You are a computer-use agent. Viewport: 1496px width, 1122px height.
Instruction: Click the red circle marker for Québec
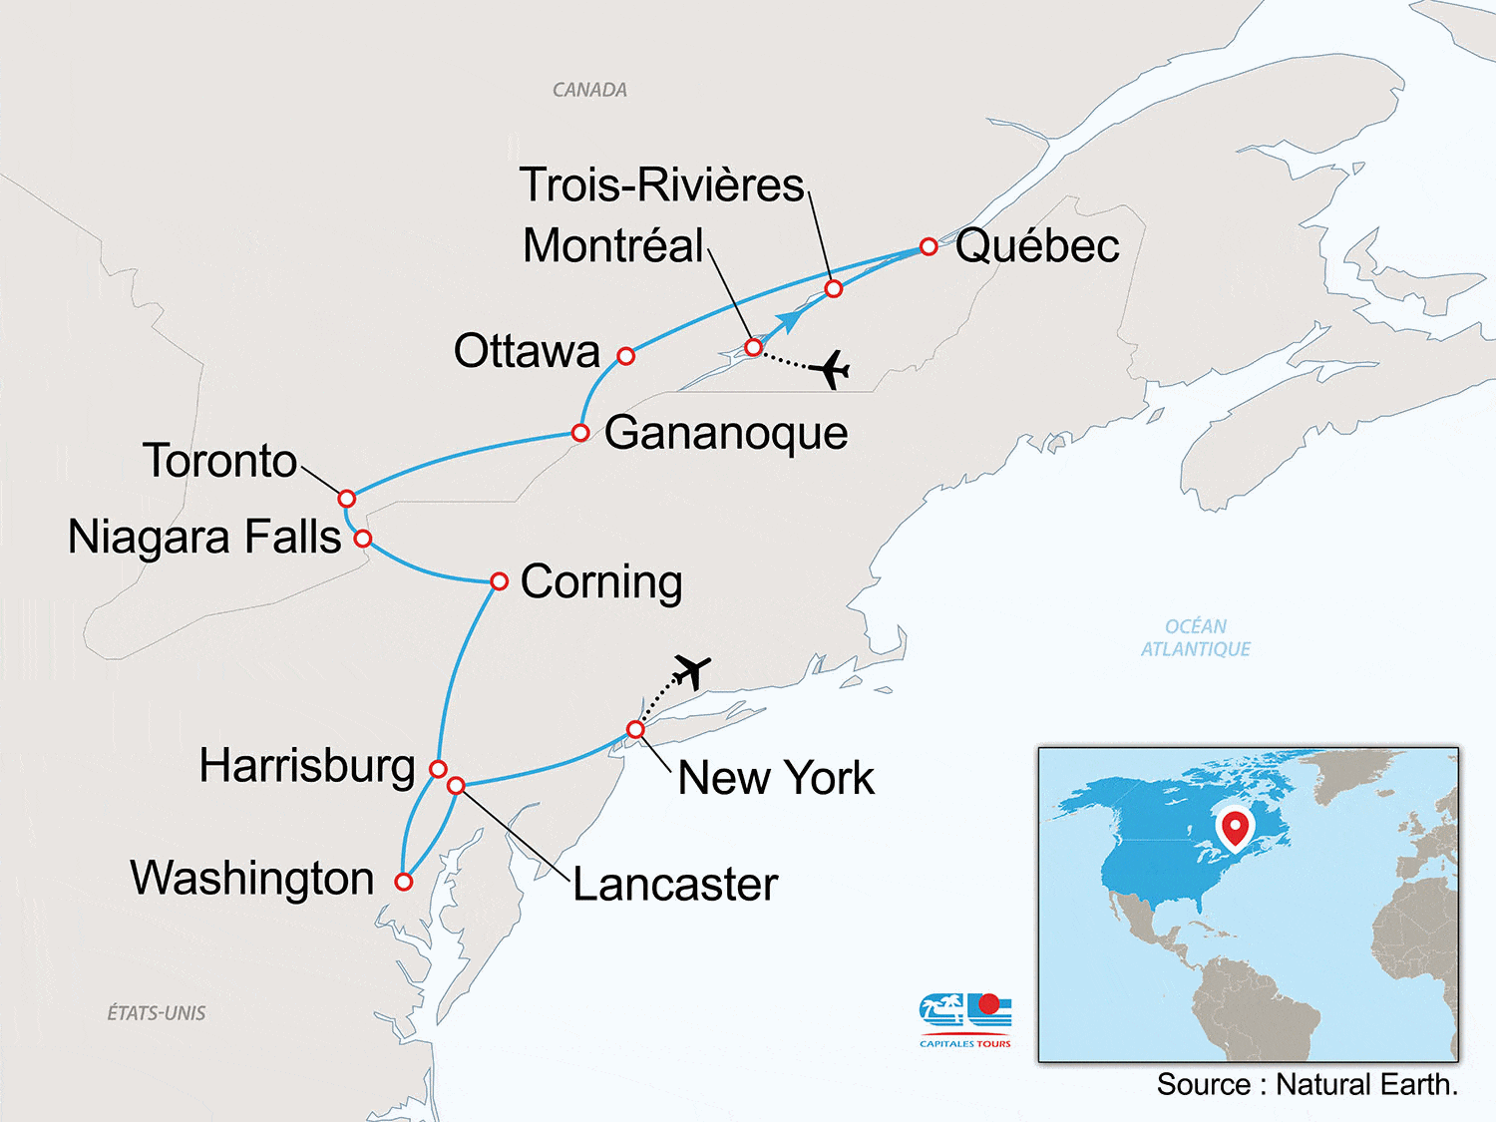[929, 246]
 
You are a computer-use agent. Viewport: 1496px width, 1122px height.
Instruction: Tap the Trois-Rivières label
[661, 185]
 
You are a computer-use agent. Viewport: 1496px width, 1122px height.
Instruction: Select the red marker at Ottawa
[625, 356]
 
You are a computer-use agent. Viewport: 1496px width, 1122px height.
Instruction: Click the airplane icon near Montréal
[830, 369]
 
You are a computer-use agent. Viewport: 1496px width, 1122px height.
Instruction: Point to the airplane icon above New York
[691, 671]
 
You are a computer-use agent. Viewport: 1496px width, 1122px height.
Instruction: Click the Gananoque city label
[726, 433]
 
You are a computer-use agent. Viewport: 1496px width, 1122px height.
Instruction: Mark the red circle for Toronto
[346, 499]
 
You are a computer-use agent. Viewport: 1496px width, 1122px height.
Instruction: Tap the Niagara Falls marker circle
[363, 539]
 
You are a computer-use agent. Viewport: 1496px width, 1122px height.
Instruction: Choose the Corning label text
[601, 581]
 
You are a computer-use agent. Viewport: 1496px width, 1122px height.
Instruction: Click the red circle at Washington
[403, 882]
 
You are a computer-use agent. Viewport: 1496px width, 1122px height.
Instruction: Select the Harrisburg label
[307, 766]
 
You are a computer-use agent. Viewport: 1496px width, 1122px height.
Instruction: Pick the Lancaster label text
[675, 885]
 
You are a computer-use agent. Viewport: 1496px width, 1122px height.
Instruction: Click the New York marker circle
[635, 730]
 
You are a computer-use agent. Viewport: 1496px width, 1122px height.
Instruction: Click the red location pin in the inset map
[1235, 827]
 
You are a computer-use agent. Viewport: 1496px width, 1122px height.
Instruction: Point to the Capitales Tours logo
[965, 1018]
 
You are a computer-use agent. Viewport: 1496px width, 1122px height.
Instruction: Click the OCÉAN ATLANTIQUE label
[1196, 637]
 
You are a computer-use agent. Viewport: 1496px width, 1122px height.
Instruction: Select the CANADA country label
[589, 90]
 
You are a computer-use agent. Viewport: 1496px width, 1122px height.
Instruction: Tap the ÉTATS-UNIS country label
[157, 1013]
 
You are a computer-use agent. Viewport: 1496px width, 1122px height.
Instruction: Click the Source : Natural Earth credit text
[1307, 1085]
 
